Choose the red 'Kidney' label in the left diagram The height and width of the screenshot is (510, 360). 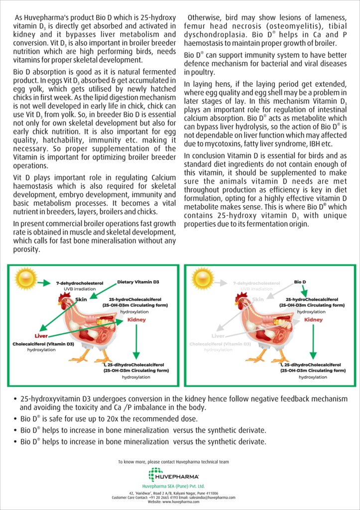(x=136, y=320)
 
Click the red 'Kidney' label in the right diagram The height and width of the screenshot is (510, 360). (x=313, y=320)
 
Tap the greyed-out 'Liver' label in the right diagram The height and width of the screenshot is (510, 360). (x=218, y=336)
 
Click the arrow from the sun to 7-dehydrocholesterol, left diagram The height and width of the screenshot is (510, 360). (x=44, y=283)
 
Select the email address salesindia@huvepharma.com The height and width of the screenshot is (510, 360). (x=209, y=497)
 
